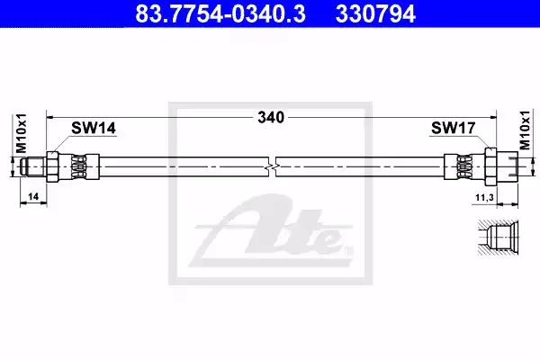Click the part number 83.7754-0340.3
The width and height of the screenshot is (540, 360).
point(220,13)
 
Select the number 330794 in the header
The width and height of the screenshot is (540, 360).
point(375,13)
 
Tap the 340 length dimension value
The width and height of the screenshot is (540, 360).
point(271,118)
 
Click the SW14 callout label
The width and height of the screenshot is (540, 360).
point(94,128)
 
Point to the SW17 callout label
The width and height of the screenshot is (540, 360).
point(454,128)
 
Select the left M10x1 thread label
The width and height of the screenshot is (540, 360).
point(22,133)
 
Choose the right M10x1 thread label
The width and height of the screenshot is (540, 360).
point(525,130)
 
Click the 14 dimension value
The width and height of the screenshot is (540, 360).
point(33,197)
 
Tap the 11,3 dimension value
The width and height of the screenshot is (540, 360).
point(484,198)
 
